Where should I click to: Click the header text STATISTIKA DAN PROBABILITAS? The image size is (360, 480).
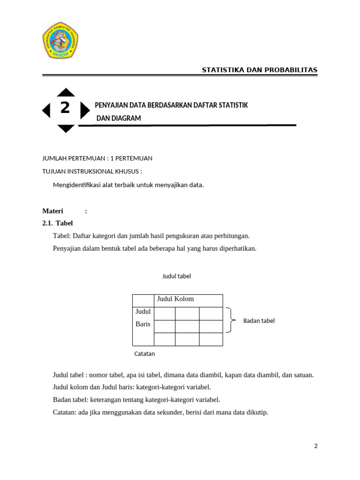[x=259, y=70]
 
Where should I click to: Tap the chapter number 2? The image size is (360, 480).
[x=65, y=108]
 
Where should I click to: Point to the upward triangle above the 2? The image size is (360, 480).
[x=66, y=92]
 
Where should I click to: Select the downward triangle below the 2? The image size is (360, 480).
[x=66, y=128]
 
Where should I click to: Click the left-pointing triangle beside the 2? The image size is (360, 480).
[x=46, y=111]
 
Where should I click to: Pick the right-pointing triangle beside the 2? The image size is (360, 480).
[x=84, y=111]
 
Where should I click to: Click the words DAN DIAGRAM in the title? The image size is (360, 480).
[x=119, y=119]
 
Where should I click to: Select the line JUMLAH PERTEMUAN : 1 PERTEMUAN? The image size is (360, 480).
[x=97, y=158]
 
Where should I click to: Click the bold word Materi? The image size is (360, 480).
[x=52, y=211]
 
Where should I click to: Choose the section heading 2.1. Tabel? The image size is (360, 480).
[x=58, y=223]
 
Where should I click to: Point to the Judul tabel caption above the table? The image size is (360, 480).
[x=177, y=276]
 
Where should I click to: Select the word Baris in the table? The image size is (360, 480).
[x=142, y=324]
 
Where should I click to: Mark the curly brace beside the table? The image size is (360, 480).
[x=230, y=320]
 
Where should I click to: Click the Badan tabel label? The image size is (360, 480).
[x=259, y=321]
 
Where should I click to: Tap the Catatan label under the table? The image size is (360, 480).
[x=144, y=354]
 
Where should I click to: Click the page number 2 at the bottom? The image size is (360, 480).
[x=316, y=446]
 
